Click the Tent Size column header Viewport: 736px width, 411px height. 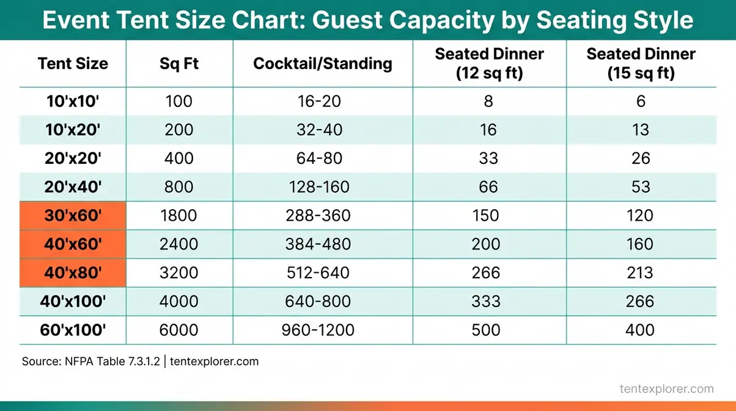point(73,64)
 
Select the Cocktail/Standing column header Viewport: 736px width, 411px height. point(322,64)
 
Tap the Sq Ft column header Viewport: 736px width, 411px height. point(178,64)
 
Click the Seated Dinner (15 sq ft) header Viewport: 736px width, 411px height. point(641,64)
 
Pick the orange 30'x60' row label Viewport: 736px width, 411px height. point(73,216)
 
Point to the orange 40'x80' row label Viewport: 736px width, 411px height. point(73,273)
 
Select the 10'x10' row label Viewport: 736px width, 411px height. point(73,101)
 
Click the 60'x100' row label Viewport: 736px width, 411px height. point(73,330)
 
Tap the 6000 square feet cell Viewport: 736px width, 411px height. point(178,330)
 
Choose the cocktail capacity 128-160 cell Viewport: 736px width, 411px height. point(318,187)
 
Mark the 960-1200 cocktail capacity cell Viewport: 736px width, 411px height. point(318,330)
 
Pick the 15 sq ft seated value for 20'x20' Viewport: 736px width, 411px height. point(641,158)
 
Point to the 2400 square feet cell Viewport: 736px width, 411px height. point(178,245)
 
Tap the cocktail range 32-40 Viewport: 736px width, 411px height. point(318,130)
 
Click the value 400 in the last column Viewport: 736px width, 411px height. point(641,330)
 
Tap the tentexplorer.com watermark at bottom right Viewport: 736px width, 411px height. point(666,388)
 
